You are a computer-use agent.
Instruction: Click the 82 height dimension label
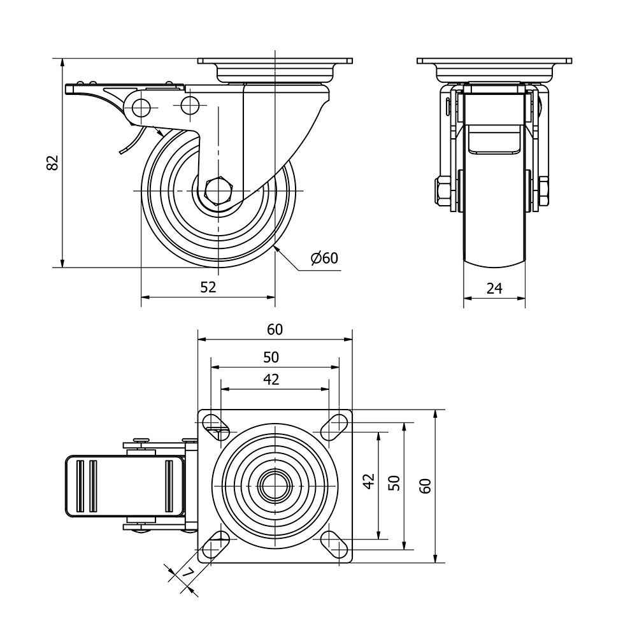click(54, 162)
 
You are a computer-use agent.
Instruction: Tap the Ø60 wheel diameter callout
click(324, 258)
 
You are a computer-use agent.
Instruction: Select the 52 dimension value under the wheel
click(208, 287)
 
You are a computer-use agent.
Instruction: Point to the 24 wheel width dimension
click(494, 289)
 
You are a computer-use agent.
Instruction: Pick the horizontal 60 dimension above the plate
click(275, 329)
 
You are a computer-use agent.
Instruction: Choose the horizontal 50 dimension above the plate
click(271, 357)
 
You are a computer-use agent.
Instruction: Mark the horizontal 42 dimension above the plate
click(271, 379)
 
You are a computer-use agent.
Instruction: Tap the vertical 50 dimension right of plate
click(394, 483)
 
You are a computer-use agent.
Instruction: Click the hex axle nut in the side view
click(218, 190)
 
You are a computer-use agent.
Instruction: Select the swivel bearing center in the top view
click(275, 486)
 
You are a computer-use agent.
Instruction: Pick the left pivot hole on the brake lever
click(141, 106)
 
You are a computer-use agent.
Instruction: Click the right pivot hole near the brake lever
click(190, 106)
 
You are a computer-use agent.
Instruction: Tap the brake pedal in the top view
click(125, 486)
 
